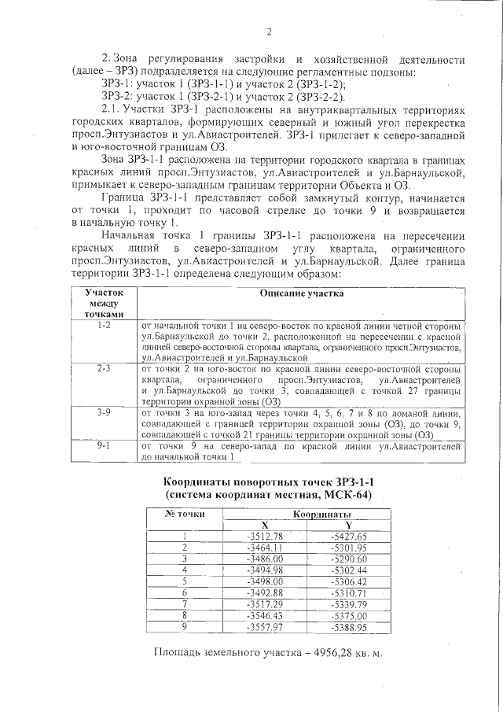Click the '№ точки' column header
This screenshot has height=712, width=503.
pos(184,514)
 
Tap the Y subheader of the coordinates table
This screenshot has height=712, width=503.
pos(348,525)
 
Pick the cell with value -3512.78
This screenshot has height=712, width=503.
pos(264,536)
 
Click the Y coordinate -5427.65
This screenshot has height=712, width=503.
pos(348,536)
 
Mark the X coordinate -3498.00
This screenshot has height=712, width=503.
pos(264,581)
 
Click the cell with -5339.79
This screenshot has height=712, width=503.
pos(348,603)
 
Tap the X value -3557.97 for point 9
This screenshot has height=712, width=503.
pos(264,626)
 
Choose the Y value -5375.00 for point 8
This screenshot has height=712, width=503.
pos(348,615)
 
